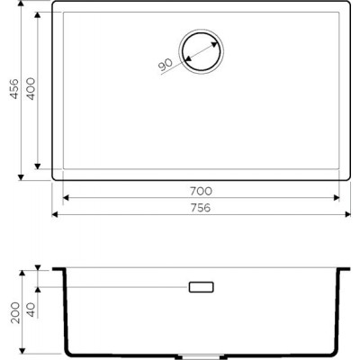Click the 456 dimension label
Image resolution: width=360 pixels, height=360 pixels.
[14, 89]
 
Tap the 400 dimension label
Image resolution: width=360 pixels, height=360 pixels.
[31, 89]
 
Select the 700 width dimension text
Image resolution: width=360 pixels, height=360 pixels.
[201, 191]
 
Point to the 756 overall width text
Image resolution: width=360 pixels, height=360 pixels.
[201, 208]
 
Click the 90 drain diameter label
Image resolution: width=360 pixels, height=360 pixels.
[166, 65]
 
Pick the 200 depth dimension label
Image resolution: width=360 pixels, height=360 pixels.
[15, 312]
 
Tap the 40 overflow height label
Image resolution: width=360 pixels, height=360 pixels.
[31, 310]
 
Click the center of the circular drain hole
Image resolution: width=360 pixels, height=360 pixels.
[201, 50]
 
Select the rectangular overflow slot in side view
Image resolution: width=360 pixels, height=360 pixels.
[201, 287]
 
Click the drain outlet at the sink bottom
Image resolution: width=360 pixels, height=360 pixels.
[201, 356]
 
